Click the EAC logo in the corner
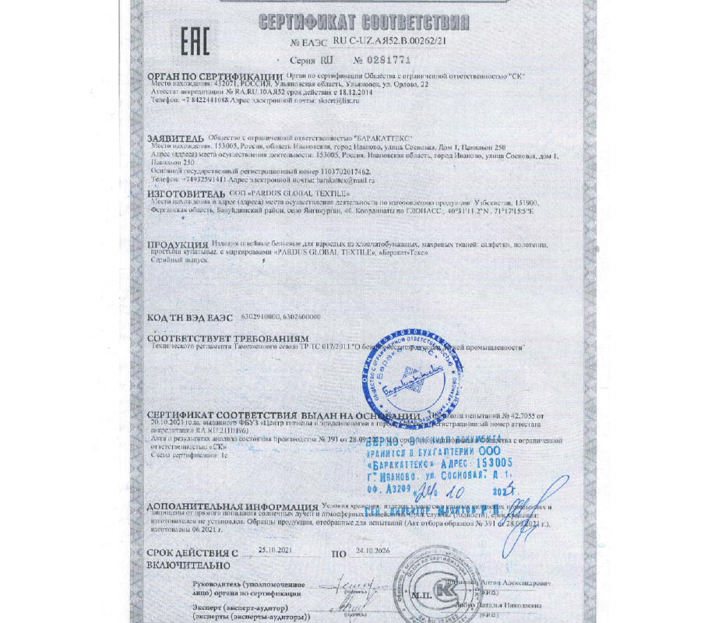tap(196, 42)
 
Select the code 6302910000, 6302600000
tap(280, 317)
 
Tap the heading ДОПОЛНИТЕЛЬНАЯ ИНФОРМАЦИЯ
tap(231, 507)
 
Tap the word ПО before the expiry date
tap(338, 554)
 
